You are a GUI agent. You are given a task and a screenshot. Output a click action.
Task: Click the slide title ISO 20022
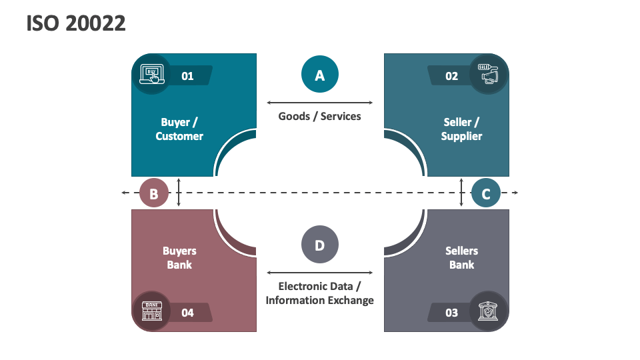point(76,24)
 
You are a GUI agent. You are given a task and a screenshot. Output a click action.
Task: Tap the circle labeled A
point(320,75)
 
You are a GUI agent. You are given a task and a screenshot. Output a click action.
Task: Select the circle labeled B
point(154,194)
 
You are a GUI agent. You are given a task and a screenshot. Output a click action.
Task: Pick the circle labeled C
point(486,194)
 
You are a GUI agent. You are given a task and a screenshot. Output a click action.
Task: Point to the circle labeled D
point(320,245)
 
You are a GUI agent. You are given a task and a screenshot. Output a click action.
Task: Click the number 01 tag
point(188,76)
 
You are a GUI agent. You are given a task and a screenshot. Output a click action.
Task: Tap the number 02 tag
point(452,76)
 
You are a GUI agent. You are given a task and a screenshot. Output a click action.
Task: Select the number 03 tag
point(452,312)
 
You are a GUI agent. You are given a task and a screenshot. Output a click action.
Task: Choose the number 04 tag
point(188,312)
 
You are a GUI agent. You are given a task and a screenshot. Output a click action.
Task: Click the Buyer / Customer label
point(179,129)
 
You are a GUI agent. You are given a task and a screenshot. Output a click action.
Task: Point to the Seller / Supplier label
point(461,129)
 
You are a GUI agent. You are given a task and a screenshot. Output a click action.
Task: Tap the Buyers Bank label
point(179,258)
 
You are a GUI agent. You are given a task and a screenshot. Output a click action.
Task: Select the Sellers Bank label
point(461,258)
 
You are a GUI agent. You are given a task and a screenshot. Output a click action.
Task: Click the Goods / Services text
point(320,116)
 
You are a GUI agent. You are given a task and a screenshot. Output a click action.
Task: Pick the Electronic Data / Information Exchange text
point(320,293)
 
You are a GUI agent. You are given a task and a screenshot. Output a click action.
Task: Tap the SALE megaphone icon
point(489,73)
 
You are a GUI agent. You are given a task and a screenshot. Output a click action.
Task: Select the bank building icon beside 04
point(151,311)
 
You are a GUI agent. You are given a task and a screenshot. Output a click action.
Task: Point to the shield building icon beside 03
point(489,311)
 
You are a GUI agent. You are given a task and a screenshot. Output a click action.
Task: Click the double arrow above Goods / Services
point(320,103)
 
